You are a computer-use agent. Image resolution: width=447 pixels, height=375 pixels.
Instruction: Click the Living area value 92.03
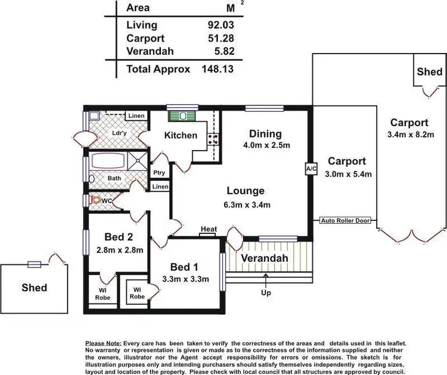tap(218, 25)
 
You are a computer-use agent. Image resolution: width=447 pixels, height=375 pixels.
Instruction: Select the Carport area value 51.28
tap(218, 38)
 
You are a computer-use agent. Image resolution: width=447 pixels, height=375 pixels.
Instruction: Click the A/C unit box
tap(310, 168)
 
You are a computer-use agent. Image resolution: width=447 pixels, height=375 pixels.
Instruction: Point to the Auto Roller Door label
tap(345, 221)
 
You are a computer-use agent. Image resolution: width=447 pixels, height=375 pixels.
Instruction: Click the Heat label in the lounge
tap(209, 229)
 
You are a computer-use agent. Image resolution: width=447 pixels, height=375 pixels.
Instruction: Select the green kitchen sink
tap(182, 115)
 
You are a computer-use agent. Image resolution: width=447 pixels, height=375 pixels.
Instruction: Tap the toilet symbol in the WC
tap(95, 201)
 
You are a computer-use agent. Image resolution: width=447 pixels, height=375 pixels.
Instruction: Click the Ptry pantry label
tap(159, 173)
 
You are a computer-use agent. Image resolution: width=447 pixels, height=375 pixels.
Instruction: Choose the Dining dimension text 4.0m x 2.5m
tap(266, 145)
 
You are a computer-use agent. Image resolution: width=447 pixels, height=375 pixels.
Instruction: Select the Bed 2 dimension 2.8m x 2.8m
tap(120, 250)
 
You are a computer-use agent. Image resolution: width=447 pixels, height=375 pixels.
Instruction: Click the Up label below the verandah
tap(266, 293)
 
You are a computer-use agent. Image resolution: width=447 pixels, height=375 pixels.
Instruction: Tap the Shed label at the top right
tap(429, 72)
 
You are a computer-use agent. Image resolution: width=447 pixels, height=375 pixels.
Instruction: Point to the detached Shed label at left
tap(34, 287)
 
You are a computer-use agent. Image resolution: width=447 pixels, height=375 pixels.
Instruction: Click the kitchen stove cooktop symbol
tap(213, 140)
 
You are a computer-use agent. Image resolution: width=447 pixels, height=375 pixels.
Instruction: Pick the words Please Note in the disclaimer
tap(103, 344)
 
